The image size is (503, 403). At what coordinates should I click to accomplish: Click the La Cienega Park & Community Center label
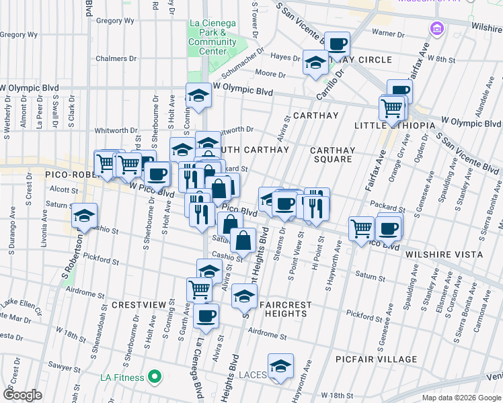tap(212, 37)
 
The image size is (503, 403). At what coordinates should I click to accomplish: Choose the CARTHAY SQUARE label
tap(333, 154)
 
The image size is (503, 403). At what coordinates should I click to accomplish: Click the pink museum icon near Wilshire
tap(437, 29)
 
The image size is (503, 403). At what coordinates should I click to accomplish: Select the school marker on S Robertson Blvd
tap(85, 215)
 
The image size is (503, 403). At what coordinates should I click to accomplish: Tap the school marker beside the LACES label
tap(280, 365)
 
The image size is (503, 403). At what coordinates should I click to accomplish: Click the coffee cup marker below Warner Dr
tap(337, 44)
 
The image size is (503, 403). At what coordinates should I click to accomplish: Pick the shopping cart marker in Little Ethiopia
tap(391, 106)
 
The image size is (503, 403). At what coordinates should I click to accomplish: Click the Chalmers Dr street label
tap(111, 58)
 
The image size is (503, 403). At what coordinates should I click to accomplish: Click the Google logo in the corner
tap(22, 395)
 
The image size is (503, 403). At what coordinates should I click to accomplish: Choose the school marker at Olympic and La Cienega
tap(199, 95)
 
